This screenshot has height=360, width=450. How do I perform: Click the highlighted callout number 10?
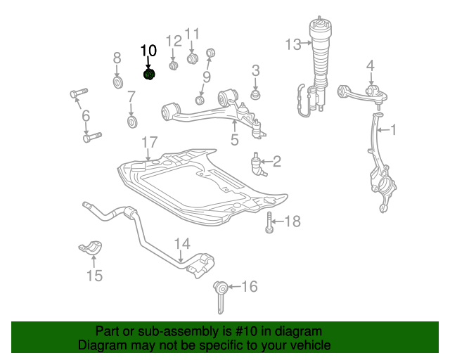149,51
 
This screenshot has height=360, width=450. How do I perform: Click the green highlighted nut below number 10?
149,74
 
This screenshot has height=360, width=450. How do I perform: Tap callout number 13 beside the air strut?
292,44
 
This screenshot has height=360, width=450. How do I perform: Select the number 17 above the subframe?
148,143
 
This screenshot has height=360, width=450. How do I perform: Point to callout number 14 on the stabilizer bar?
182,244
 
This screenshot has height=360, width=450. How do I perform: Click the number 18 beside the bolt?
291,222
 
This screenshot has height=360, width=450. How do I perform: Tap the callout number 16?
249,286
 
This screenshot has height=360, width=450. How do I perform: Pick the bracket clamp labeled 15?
91,250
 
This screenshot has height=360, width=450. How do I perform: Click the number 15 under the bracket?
94,275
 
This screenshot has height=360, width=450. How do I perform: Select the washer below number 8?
117,84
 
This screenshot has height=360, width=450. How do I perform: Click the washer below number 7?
131,123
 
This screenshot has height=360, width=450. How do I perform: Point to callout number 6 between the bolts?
86,115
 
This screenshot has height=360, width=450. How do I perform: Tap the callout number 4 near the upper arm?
371,66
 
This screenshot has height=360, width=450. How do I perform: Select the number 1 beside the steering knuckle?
393,129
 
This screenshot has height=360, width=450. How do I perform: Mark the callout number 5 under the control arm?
234,140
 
